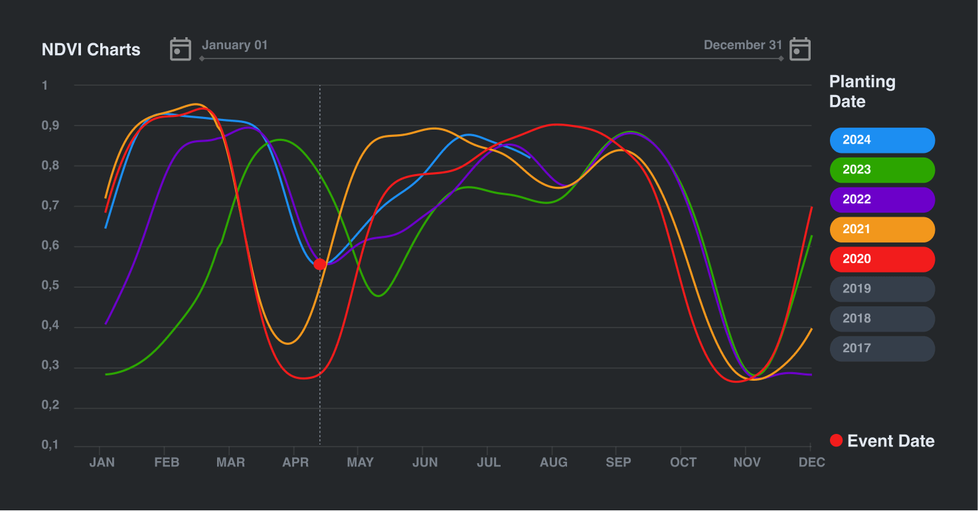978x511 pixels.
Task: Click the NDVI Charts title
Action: point(91,50)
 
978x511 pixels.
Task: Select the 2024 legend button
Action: point(882,140)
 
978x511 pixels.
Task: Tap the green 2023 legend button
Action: point(882,169)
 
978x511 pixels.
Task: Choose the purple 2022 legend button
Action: point(882,199)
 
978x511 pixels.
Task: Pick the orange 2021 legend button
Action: point(882,229)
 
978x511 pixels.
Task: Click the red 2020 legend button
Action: point(882,259)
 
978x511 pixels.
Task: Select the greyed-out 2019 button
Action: point(882,289)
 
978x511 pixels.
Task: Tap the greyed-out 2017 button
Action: point(882,348)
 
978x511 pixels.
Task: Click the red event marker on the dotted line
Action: point(320,264)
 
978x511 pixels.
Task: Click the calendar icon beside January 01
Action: point(181,49)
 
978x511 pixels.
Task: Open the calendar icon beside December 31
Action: point(799,49)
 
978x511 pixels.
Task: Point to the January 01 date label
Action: point(234,45)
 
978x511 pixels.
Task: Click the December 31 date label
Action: point(743,45)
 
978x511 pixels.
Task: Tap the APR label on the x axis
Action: point(295,462)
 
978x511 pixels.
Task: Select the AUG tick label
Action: point(554,462)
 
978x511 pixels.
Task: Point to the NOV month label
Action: point(747,462)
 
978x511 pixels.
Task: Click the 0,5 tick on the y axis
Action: point(50,286)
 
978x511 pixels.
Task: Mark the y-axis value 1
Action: point(45,86)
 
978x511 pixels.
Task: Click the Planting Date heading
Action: point(862,92)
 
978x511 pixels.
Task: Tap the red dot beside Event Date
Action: point(837,440)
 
